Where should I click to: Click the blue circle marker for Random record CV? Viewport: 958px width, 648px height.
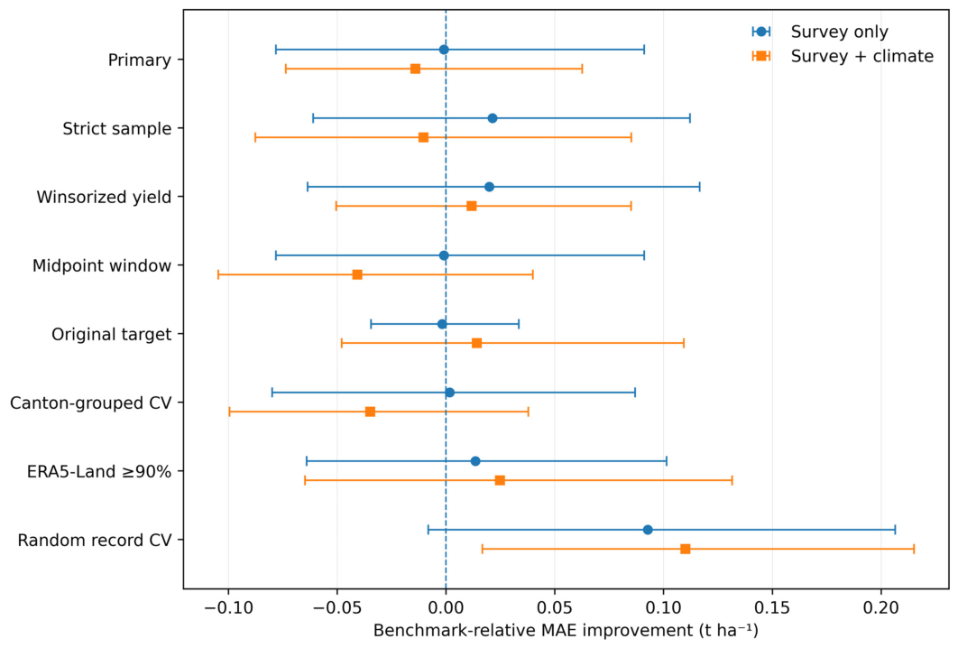pyautogui.click(x=648, y=530)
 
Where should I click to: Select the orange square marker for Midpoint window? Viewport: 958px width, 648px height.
pyautogui.click(x=357, y=275)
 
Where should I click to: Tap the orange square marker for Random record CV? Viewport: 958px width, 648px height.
pyautogui.click(x=686, y=549)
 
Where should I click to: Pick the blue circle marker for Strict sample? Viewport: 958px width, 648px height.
pyautogui.click(x=493, y=118)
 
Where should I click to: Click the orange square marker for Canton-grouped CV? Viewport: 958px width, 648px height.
pyautogui.click(x=370, y=412)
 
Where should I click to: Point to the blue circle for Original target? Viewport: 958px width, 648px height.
pyautogui.click(x=442, y=324)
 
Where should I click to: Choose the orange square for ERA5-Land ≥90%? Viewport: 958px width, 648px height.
pyautogui.click(x=500, y=480)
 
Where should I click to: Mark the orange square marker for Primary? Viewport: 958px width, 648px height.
pyautogui.click(x=416, y=69)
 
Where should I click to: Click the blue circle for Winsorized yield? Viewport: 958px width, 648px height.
pyautogui.click(x=489, y=187)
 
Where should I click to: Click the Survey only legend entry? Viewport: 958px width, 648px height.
pyautogui.click(x=820, y=32)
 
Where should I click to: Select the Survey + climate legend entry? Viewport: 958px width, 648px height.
pyautogui.click(x=843, y=56)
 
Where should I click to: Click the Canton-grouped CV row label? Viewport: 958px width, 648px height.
pyautogui.click(x=90, y=403)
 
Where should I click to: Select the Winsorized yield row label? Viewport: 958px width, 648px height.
pyautogui.click(x=104, y=198)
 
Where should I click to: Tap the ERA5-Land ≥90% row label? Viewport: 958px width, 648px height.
pyautogui.click(x=99, y=471)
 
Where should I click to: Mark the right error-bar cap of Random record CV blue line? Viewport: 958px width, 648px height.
pyautogui.click(x=895, y=530)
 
